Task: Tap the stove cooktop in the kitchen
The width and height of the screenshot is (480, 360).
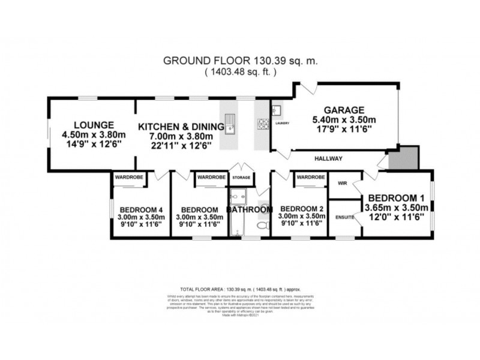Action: click(x=262, y=125)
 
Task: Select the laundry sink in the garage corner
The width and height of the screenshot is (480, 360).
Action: click(x=278, y=111)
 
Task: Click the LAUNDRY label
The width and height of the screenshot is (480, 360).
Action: click(x=283, y=124)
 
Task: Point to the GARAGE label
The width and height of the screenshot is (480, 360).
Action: click(x=344, y=110)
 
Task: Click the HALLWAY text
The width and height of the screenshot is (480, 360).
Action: click(x=328, y=158)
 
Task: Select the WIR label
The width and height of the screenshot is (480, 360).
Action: click(x=343, y=183)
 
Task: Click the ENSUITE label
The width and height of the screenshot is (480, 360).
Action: click(x=345, y=217)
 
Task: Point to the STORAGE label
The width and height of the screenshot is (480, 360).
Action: click(x=242, y=178)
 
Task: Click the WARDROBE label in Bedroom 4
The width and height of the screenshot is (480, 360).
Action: click(x=125, y=177)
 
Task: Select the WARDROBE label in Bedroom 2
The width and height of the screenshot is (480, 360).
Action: click(x=310, y=177)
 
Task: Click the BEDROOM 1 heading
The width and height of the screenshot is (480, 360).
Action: click(x=395, y=197)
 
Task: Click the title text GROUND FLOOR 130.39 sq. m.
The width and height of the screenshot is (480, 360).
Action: click(x=240, y=61)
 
